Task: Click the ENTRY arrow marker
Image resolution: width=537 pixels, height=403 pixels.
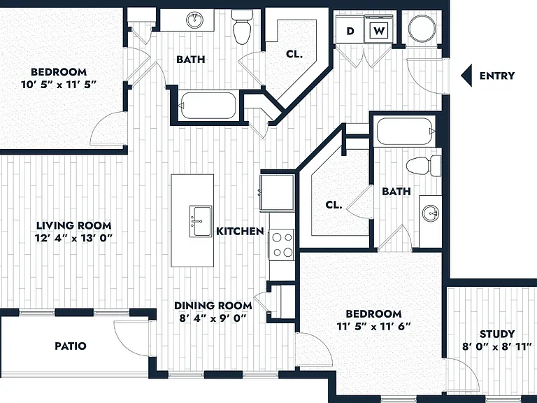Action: pyautogui.click(x=466, y=76)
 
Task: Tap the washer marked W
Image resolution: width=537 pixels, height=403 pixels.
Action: pyautogui.click(x=379, y=30)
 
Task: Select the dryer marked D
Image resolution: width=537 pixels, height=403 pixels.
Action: pyautogui.click(x=350, y=30)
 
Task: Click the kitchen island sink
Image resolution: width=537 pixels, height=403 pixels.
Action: pyautogui.click(x=201, y=221)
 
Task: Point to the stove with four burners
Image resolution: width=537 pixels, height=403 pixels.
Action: pyautogui.click(x=282, y=245)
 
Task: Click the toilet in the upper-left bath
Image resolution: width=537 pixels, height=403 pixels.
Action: pyautogui.click(x=242, y=27)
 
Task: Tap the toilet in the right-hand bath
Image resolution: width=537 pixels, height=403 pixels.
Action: pyautogui.click(x=424, y=166)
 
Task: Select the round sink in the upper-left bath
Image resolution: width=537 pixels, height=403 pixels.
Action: pyautogui.click(x=195, y=20)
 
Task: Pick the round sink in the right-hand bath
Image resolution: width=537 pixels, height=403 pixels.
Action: pyautogui.click(x=431, y=214)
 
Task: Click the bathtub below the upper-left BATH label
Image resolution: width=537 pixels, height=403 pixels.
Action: pyautogui.click(x=208, y=106)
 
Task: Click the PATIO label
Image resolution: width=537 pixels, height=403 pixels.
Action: pyautogui.click(x=71, y=346)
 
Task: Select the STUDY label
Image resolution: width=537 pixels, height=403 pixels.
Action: pyautogui.click(x=497, y=334)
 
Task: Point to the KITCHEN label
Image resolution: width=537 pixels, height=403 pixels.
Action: pyautogui.click(x=240, y=232)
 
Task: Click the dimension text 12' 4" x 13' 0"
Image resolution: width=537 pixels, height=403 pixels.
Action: pyautogui.click(x=73, y=238)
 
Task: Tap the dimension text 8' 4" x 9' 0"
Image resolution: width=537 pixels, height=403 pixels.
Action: pyautogui.click(x=213, y=318)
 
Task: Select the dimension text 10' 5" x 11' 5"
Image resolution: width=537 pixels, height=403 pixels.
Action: pyautogui.click(x=59, y=85)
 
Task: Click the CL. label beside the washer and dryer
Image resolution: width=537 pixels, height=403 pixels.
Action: pyautogui.click(x=294, y=54)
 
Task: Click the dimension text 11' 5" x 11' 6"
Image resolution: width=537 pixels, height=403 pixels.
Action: pyautogui.click(x=373, y=327)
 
